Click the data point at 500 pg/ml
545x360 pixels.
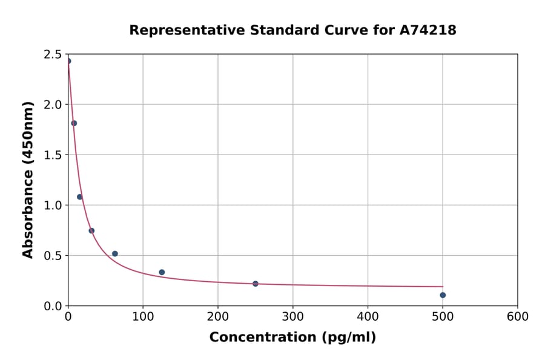pyautogui.click(x=443, y=295)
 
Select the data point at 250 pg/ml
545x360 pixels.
pyautogui.click(x=256, y=284)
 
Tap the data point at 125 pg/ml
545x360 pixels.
pyautogui.click(x=162, y=272)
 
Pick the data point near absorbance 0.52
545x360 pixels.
pyautogui.click(x=115, y=254)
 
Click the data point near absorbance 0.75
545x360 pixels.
pyautogui.click(x=91, y=230)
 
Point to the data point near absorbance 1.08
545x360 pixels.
pyautogui.click(x=79, y=197)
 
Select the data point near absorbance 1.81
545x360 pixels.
pyautogui.click(x=74, y=123)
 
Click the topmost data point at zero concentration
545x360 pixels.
pyautogui.click(x=68, y=61)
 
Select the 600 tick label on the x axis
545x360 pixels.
pyautogui.click(x=518, y=317)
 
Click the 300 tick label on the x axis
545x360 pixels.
pyautogui.click(x=293, y=317)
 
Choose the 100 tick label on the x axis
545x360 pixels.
pyautogui.click(x=143, y=317)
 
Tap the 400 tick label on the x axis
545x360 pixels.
pyautogui.click(x=368, y=317)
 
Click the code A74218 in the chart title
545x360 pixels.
pyautogui.click(x=428, y=30)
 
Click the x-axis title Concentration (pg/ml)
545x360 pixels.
pyautogui.click(x=292, y=338)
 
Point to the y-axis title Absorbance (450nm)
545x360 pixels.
pyautogui.click(x=28, y=179)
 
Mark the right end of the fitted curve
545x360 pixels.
pyautogui.click(x=443, y=287)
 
